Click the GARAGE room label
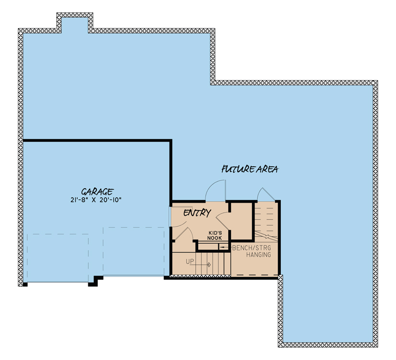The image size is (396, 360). tap(97, 190)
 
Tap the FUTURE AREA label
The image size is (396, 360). tap(250, 169)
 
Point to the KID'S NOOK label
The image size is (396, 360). tap(215, 235)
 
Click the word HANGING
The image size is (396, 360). tap(258, 255)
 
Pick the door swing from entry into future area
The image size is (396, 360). tap(215, 190)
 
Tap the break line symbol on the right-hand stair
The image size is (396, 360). tap(266, 236)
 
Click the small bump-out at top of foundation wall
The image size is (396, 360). tap(74, 22)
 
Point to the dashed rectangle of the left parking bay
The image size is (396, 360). tap(58, 257)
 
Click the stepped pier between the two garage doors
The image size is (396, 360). tap(96, 281)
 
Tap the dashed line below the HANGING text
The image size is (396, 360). tap(254, 274)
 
